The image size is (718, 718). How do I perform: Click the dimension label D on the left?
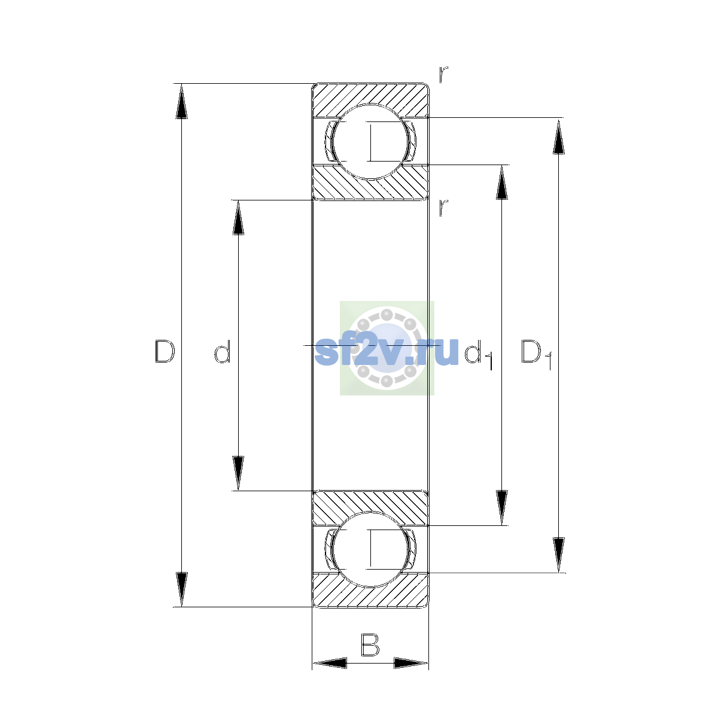[165, 351]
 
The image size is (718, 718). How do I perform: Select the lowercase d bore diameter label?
[223, 351]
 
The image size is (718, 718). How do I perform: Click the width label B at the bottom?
[370, 645]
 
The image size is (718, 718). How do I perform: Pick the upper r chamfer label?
[443, 74]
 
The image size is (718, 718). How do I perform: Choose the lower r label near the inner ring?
[443, 208]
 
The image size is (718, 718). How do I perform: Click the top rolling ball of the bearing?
[370, 142]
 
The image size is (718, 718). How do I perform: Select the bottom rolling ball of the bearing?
[370, 550]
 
